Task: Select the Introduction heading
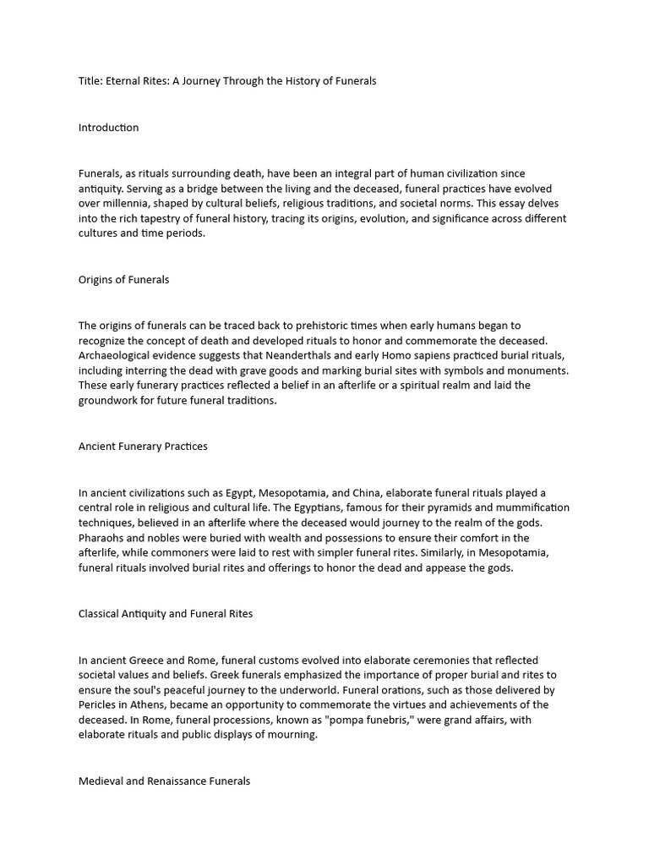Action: point(108,128)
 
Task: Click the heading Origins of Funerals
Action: point(123,280)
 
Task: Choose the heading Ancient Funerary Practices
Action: point(143,447)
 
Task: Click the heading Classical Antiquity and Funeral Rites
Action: point(166,614)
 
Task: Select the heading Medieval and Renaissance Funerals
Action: point(164,781)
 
